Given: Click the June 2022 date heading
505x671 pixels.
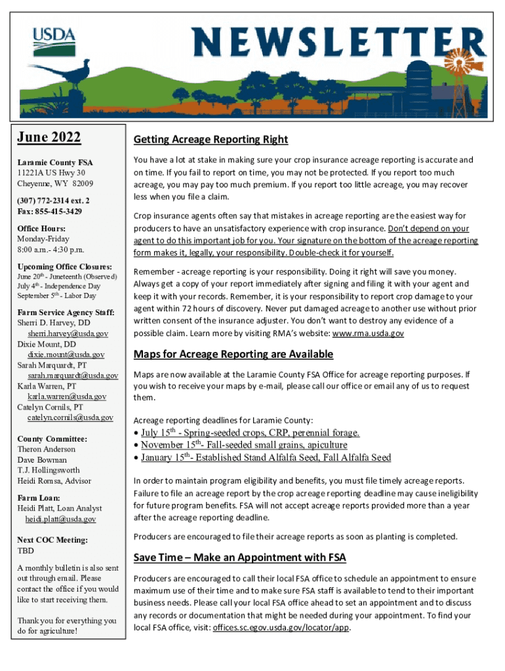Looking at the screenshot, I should (x=49, y=138).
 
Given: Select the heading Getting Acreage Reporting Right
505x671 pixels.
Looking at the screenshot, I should (x=211, y=140).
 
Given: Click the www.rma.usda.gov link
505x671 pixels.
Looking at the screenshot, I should (x=368, y=334).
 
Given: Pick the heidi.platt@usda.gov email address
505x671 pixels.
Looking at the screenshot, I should (x=60, y=519).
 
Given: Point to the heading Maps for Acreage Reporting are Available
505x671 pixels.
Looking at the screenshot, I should (x=233, y=355).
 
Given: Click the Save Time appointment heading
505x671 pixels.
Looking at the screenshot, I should (x=240, y=558).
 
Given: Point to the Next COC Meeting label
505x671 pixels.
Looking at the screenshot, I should (x=52, y=540).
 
